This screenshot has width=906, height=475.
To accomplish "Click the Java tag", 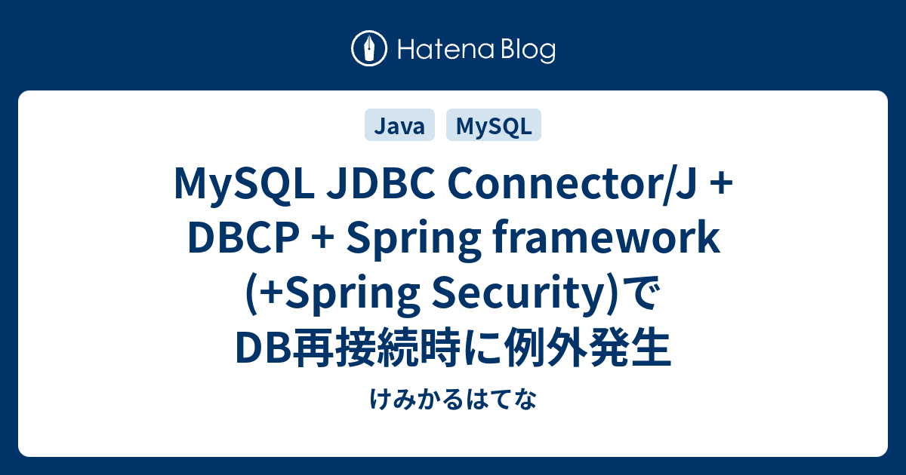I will pyautogui.click(x=399, y=127).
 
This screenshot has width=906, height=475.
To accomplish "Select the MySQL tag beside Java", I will pyautogui.click(x=494, y=127).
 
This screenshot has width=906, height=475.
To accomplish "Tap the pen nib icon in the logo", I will pyautogui.click(x=369, y=50).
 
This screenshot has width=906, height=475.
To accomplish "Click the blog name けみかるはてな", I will pyautogui.click(x=453, y=400).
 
